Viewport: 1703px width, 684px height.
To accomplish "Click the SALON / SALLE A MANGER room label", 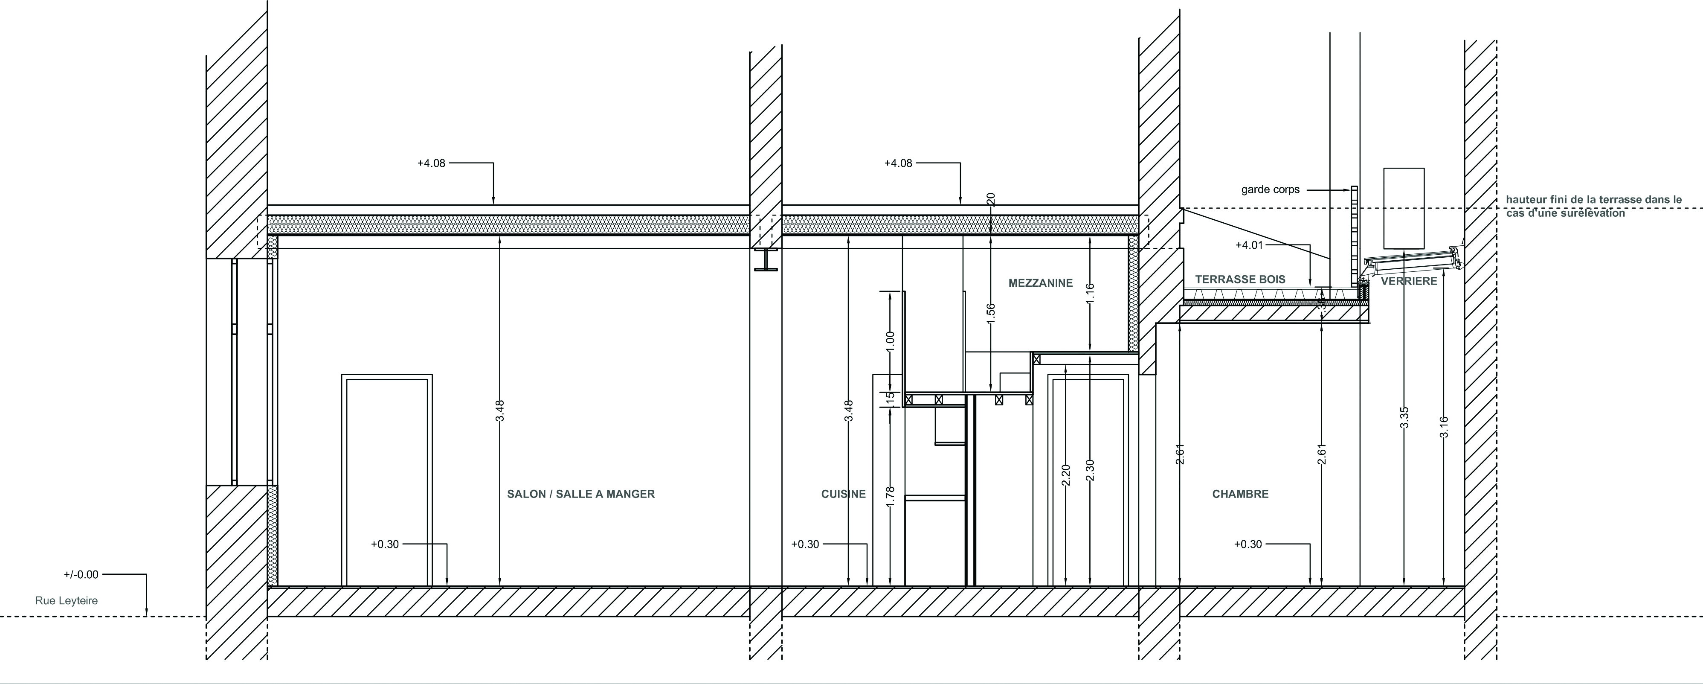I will (x=580, y=494).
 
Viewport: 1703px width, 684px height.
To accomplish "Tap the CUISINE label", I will (x=843, y=494).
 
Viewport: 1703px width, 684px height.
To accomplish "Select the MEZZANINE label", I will (x=1040, y=283).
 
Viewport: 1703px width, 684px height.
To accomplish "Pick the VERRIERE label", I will (x=1408, y=281).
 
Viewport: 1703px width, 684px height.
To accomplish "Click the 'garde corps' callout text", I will (x=1270, y=190).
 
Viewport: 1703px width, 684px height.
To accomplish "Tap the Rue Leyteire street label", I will (x=66, y=601).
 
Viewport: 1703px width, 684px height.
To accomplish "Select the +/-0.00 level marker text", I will (x=81, y=575).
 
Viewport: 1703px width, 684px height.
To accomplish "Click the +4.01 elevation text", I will (x=1249, y=245).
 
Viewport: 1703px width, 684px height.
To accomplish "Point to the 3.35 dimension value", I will (x=1405, y=417).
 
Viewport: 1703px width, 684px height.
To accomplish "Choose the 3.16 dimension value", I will (x=1443, y=427).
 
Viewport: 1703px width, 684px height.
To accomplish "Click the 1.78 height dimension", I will (x=890, y=497).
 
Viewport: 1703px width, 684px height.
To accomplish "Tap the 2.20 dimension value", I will (x=1065, y=476).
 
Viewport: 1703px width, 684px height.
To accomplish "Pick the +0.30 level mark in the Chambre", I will (x=1248, y=544).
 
